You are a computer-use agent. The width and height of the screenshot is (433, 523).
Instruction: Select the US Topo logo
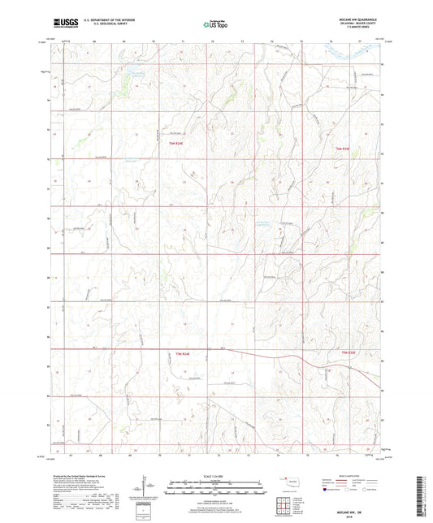tap(214, 25)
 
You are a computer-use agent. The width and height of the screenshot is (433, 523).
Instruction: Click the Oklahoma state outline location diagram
tap(291, 486)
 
